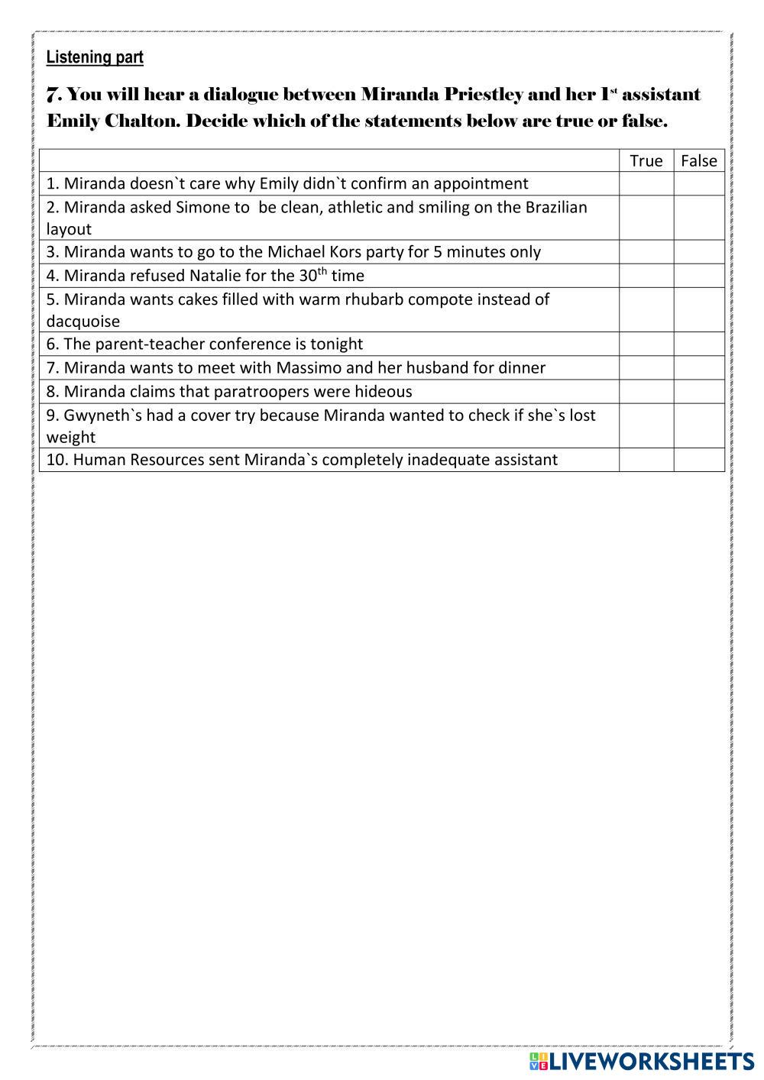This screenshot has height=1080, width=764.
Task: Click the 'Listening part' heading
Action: (95, 57)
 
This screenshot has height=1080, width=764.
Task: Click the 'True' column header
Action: (646, 160)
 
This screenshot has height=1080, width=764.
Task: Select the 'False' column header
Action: (698, 160)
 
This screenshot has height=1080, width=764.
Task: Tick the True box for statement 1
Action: (646, 183)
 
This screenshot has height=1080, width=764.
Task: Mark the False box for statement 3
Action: (698, 252)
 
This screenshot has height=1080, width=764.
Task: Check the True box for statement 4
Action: (646, 276)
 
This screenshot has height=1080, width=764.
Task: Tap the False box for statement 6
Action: (698, 344)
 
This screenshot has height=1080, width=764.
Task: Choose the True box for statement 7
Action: (646, 367)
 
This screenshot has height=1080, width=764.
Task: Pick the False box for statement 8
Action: (698, 391)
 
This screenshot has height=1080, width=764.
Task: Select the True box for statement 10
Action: (646, 460)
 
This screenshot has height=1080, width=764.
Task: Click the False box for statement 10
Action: (698, 460)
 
